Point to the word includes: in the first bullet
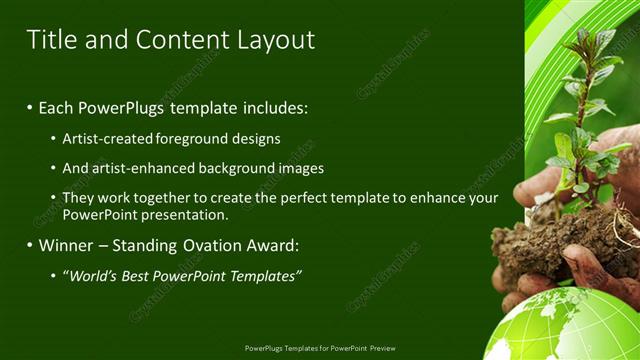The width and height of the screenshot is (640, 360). click(274, 107)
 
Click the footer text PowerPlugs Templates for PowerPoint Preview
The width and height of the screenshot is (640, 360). click(319, 349)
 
